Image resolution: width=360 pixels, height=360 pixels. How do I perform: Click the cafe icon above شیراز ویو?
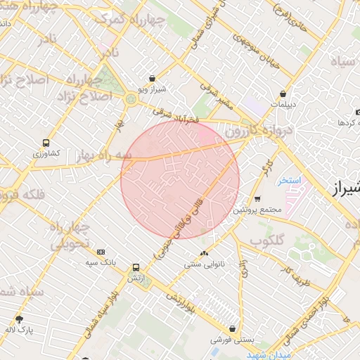coord(152,79)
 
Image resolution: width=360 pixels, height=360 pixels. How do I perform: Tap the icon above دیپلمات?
coord(283,93)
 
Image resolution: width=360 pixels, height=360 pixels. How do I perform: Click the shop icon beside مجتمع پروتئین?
coord(257,199)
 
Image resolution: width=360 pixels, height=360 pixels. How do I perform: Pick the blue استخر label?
coord(288,181)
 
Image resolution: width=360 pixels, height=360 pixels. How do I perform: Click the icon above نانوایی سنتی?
coord(204,253)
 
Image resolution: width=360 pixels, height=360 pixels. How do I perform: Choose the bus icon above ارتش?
coord(135,267)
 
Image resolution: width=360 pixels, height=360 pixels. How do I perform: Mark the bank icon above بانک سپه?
coord(101,252)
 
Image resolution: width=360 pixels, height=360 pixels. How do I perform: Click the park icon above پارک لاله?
coord(19,319)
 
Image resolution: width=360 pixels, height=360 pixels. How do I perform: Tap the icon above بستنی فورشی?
coord(231,328)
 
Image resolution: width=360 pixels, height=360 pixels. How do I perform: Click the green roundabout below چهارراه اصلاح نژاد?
coord(131,99)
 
